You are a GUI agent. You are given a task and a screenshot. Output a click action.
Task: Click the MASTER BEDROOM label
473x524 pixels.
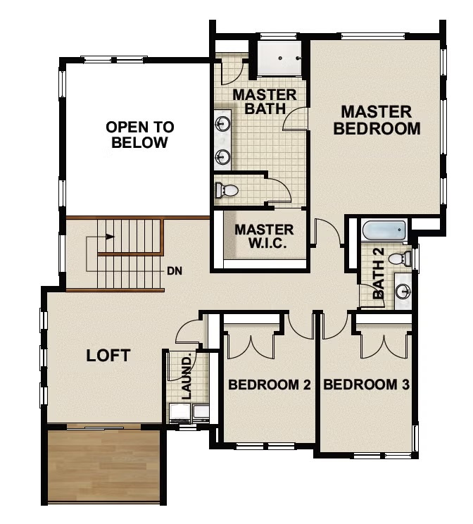(377, 120)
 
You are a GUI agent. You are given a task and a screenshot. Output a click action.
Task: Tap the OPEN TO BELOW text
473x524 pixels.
(140, 135)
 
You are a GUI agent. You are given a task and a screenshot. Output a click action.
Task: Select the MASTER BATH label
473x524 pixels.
(265, 101)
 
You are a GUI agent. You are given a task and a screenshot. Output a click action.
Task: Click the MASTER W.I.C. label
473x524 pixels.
(264, 237)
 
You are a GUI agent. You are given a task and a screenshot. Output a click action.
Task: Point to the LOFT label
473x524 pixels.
(108, 355)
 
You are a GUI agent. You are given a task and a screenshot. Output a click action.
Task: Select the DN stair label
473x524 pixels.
(175, 270)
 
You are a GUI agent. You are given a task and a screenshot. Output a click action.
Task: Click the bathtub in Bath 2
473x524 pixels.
(384, 230)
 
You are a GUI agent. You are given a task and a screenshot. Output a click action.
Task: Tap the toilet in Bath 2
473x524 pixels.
(399, 258)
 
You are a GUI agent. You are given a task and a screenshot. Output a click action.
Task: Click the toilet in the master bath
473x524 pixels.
(227, 189)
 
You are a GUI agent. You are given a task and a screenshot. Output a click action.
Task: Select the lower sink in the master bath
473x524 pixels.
(222, 156)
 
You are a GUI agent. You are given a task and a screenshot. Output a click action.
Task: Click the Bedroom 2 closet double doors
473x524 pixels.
(251, 341)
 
